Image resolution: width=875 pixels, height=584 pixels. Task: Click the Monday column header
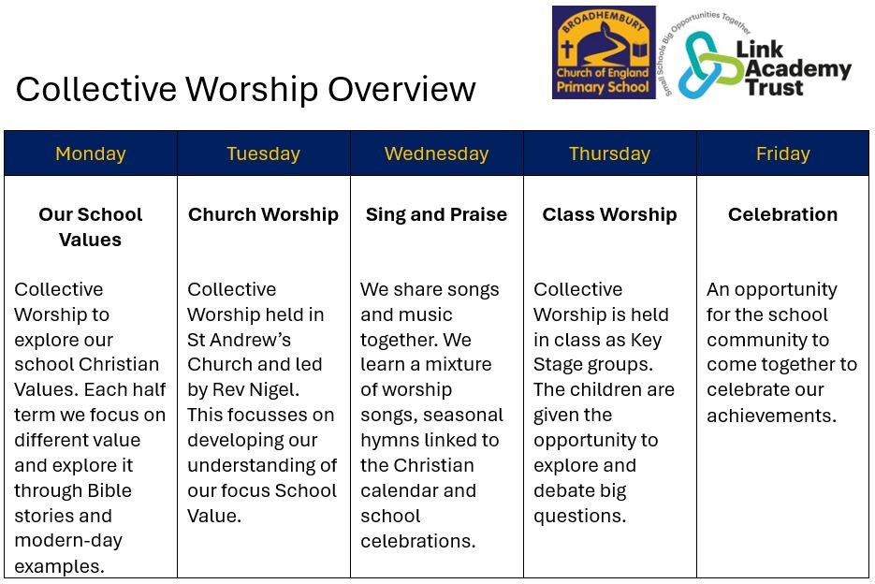coord(90,153)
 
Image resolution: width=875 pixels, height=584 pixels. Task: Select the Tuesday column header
coord(263,153)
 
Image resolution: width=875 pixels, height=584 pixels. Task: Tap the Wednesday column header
coord(436,153)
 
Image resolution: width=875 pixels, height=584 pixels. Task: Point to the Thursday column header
coord(609,153)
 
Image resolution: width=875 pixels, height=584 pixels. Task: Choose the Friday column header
coord(782,153)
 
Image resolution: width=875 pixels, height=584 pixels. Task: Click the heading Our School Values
coord(90,226)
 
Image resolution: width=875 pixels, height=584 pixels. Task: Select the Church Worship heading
coord(263,214)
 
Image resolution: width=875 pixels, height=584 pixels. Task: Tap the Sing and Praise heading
coord(436,214)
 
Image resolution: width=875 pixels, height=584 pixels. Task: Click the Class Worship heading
coord(609,214)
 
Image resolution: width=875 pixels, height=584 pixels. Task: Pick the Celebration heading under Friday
coord(782,214)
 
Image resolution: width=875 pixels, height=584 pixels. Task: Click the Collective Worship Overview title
coord(245,89)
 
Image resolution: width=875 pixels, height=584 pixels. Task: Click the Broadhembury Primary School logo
coord(603,52)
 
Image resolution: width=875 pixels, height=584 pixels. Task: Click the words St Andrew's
coord(239,340)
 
